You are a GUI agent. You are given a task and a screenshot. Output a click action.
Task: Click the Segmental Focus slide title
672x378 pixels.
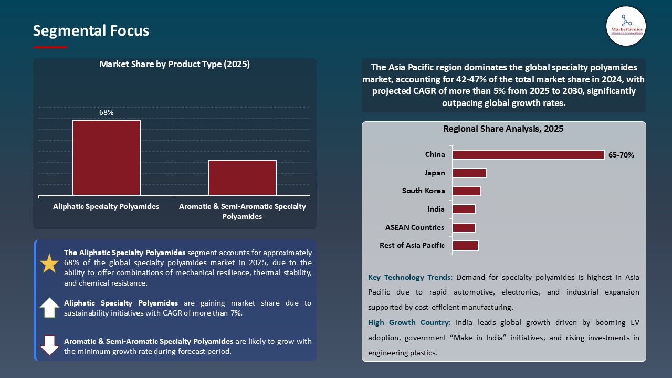[91, 31]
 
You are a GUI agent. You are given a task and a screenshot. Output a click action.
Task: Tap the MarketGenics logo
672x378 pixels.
[626, 26]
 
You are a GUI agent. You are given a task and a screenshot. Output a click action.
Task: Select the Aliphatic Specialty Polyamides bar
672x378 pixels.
[106, 157]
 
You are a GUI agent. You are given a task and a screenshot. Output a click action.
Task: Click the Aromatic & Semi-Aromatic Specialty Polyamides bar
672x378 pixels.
[242, 177]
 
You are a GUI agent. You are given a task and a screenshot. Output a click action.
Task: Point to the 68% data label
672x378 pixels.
[107, 112]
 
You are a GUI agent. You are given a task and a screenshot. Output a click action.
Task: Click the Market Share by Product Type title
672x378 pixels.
[174, 65]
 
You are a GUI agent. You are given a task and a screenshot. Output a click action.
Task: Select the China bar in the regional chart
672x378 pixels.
[528, 155]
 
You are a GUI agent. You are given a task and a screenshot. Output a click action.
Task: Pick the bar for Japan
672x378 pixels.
[469, 173]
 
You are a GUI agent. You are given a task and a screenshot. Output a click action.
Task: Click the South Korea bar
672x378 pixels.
[466, 191]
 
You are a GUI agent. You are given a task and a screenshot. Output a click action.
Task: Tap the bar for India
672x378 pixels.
[464, 209]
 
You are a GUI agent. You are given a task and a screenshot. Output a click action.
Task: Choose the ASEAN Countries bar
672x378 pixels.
[464, 227]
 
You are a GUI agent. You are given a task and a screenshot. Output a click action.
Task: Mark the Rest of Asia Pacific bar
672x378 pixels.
[465, 246]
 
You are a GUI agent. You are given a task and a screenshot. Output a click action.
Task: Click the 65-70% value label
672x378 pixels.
[621, 155]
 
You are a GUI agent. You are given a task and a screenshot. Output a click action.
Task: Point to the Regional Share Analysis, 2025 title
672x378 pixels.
[503, 129]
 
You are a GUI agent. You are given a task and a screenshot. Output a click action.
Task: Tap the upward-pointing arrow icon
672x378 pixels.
[49, 308]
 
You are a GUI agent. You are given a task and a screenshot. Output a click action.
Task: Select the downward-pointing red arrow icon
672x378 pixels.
[49, 345]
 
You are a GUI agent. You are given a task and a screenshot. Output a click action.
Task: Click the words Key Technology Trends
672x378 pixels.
[411, 277]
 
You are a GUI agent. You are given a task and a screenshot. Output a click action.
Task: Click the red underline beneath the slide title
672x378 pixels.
[50, 47]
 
